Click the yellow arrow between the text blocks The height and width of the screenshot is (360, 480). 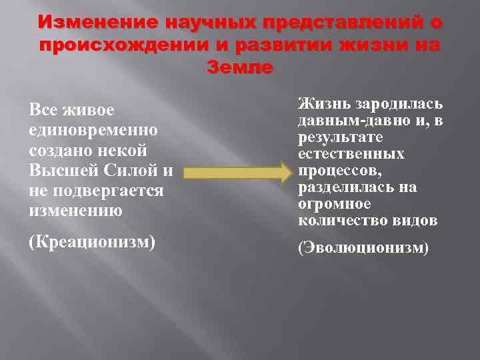237,173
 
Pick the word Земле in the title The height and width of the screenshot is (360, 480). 239,67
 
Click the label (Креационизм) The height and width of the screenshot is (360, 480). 92,241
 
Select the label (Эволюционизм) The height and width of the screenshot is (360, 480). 363,248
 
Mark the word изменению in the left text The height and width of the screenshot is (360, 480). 75,211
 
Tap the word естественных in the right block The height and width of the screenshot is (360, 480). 351,154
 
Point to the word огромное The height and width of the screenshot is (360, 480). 335,204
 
